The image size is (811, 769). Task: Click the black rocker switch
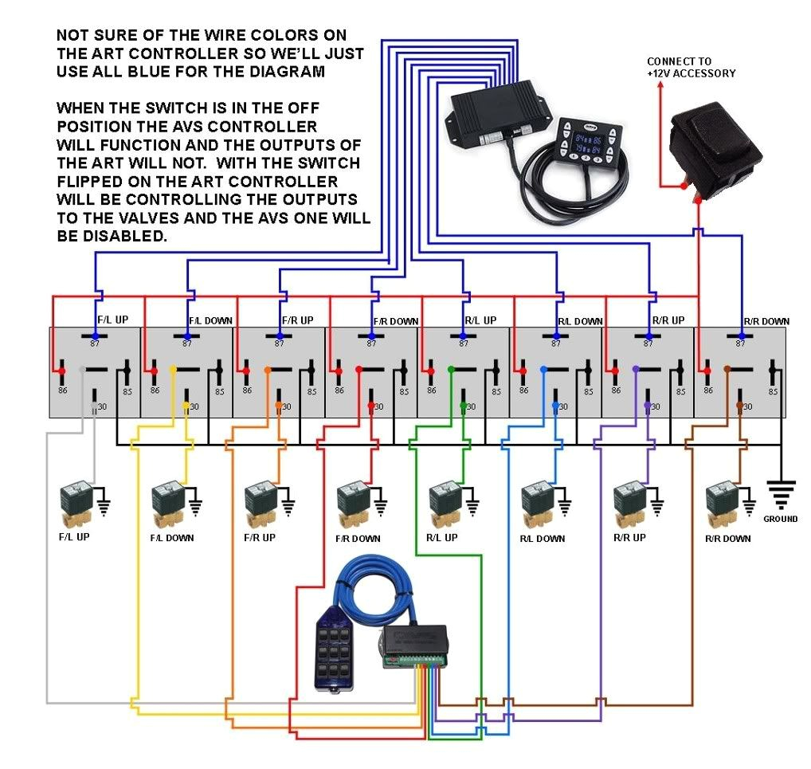click(715, 147)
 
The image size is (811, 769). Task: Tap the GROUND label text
click(780, 519)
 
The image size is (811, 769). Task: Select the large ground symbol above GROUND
click(781, 493)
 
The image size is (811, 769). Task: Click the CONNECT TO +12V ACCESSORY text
click(691, 68)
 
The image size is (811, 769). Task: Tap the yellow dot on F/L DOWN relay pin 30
click(186, 406)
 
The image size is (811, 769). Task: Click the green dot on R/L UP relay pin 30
click(464, 406)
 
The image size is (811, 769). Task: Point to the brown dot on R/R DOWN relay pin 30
click(740, 406)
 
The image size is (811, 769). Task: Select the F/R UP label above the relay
click(297, 320)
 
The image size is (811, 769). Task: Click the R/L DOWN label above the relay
click(579, 322)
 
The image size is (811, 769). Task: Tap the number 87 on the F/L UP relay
click(95, 343)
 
